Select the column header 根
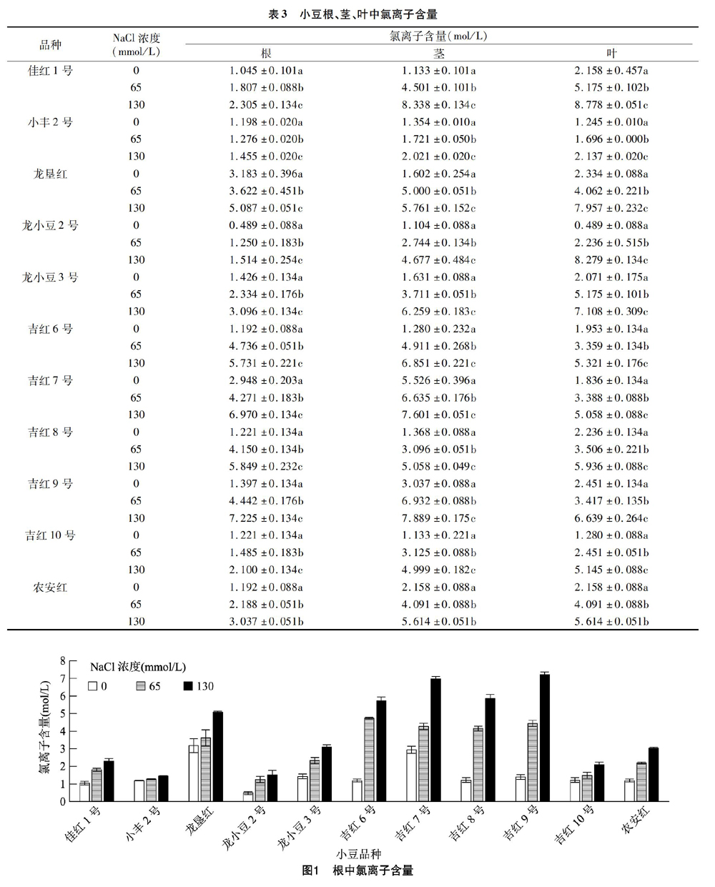coord(266,53)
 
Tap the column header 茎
coord(438,53)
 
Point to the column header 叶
coord(611,53)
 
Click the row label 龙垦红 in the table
coord(50,174)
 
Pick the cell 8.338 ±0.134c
coord(439,104)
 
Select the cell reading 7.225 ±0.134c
coord(266,518)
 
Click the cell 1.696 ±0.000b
coord(611,139)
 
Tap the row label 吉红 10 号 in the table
coord(50,535)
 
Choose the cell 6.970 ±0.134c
coord(266,415)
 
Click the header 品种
coord(50,44)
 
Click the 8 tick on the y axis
coord(63,660)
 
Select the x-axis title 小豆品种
coord(358,853)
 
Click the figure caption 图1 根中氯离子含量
coord(357,871)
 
